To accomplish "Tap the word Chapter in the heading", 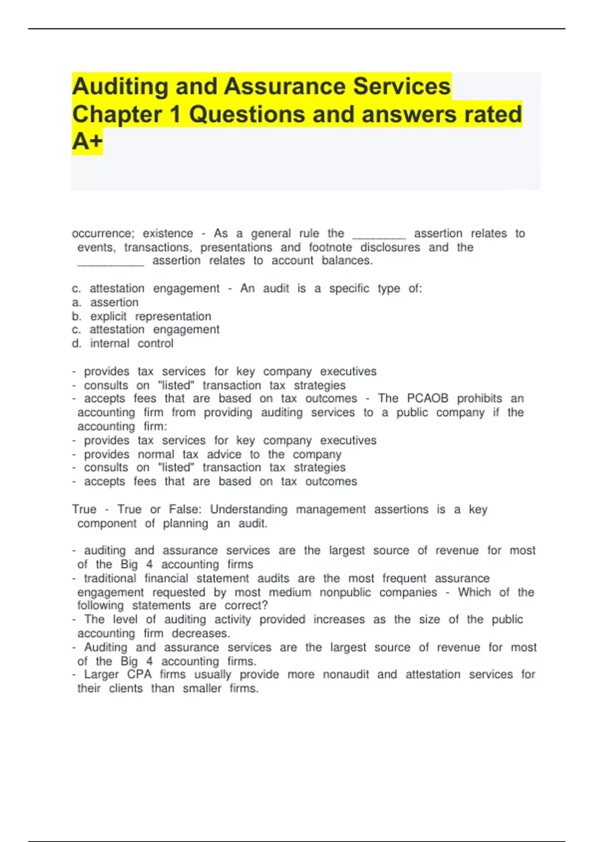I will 117,114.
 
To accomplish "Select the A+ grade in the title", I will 87,142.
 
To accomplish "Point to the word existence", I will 168,233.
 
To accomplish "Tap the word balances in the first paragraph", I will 346,261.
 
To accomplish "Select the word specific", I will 349,288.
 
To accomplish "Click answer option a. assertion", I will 105,302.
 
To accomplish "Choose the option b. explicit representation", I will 142,316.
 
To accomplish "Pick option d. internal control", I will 123,343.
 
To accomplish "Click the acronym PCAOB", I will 427,398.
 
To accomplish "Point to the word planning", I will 186,524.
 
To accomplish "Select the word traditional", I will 110,578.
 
